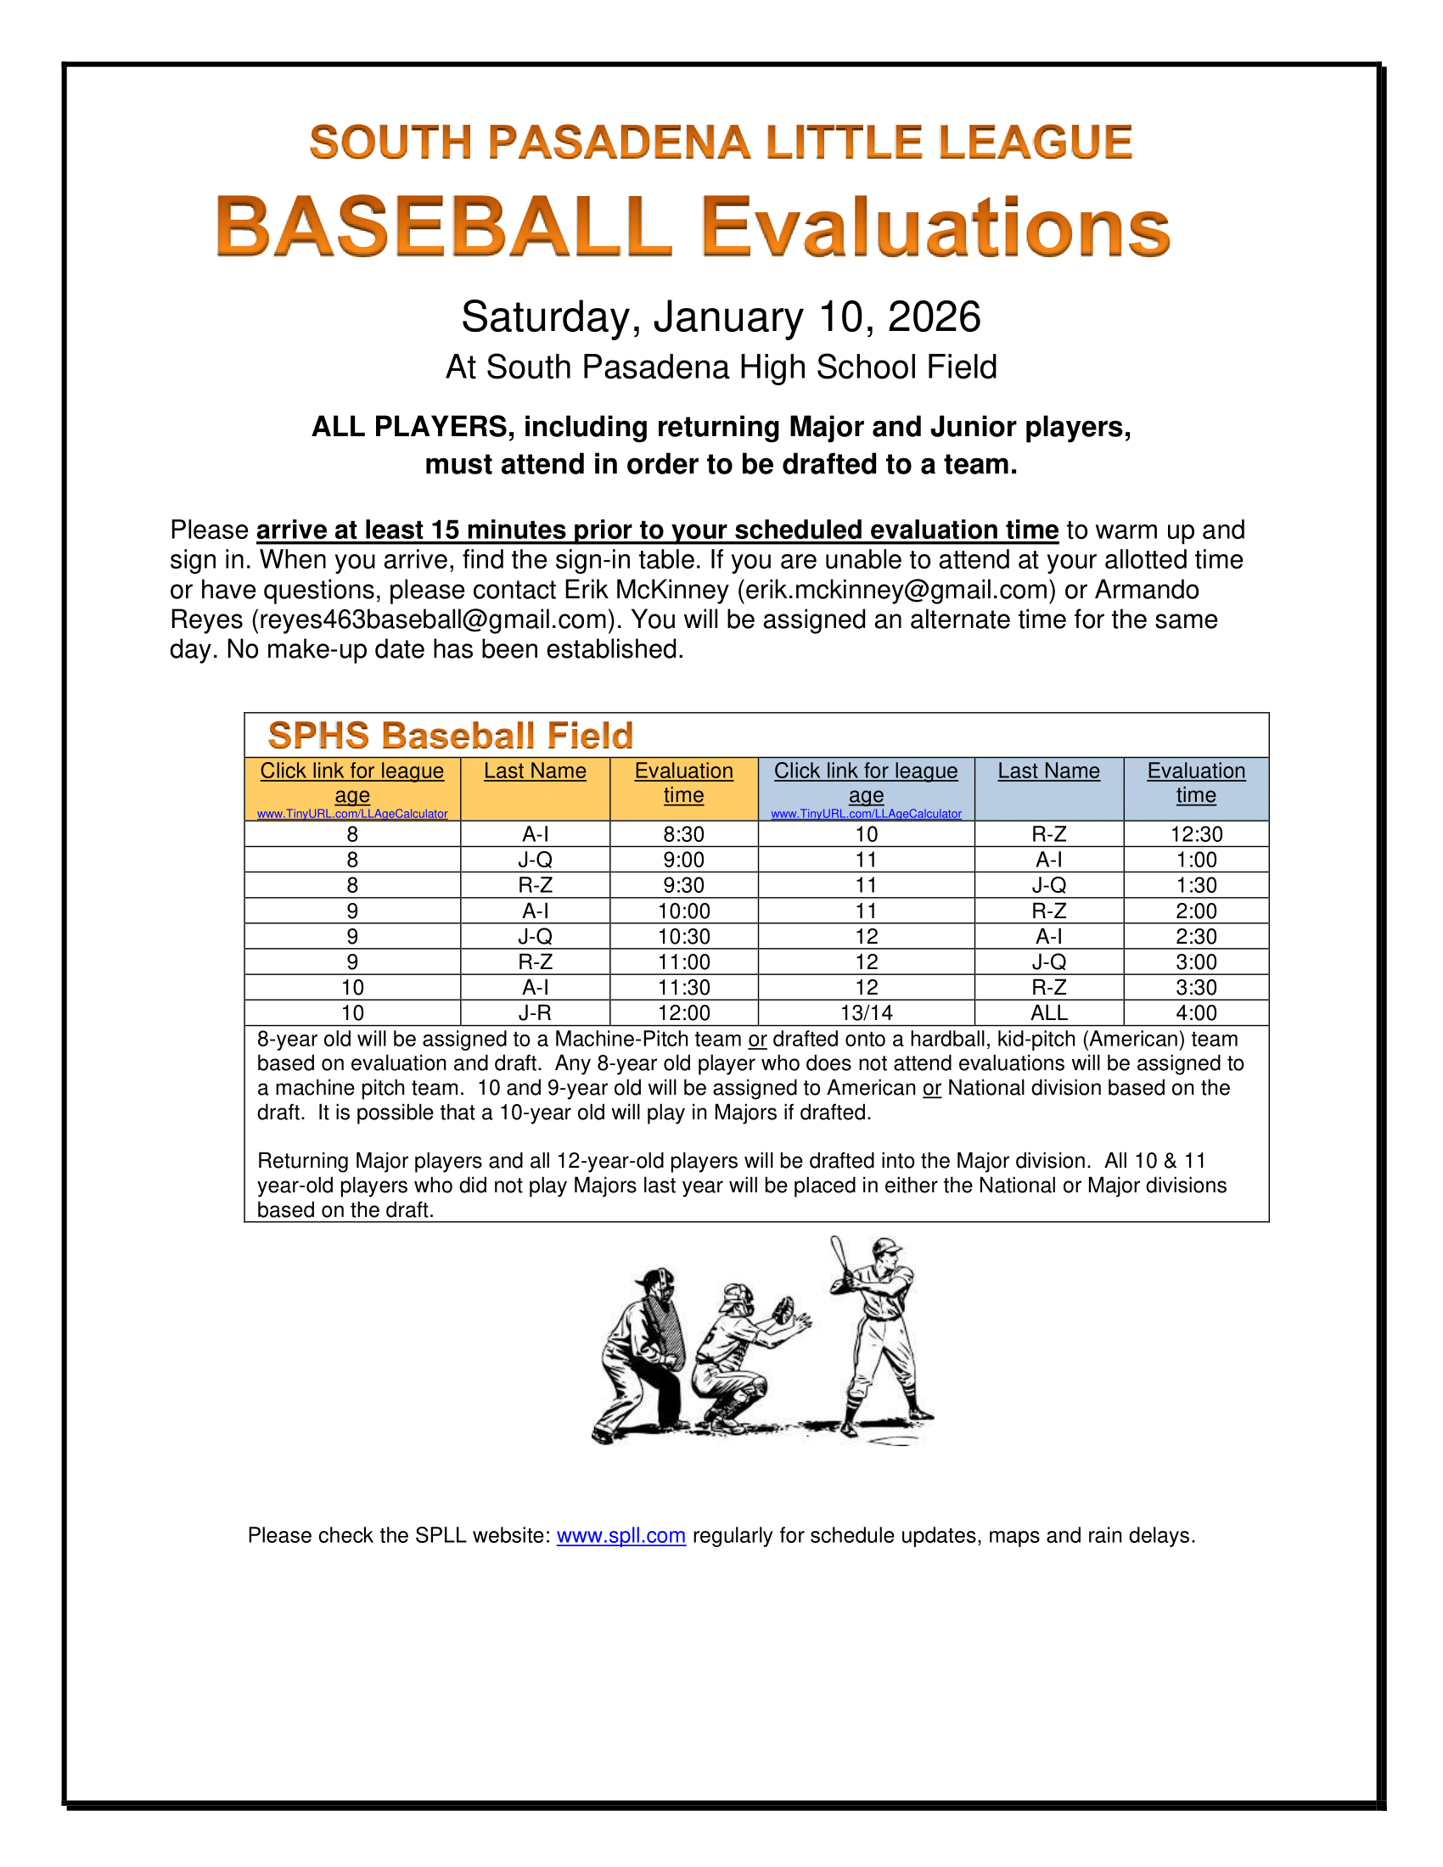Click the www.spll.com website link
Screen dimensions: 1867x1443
[x=620, y=1535]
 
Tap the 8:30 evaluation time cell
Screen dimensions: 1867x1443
[x=684, y=834]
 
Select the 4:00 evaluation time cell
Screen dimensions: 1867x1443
[x=1195, y=1013]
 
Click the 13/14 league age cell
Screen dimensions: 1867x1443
[x=866, y=1013]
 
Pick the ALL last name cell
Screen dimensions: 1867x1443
[x=1049, y=1013]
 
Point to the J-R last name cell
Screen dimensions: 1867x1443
[x=535, y=1013]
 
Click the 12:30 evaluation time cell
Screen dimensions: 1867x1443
[x=1195, y=834]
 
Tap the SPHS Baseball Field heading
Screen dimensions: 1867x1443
[x=451, y=735]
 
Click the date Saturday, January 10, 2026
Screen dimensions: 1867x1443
[x=721, y=317]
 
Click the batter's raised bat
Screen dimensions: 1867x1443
[x=839, y=1258]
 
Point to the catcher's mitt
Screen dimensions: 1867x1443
[x=783, y=1310]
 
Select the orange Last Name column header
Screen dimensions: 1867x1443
[x=535, y=771]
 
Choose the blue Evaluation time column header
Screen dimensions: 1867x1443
[x=1195, y=783]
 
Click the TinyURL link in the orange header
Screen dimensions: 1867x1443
[x=352, y=814]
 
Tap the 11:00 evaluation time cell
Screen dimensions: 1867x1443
[x=684, y=962]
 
